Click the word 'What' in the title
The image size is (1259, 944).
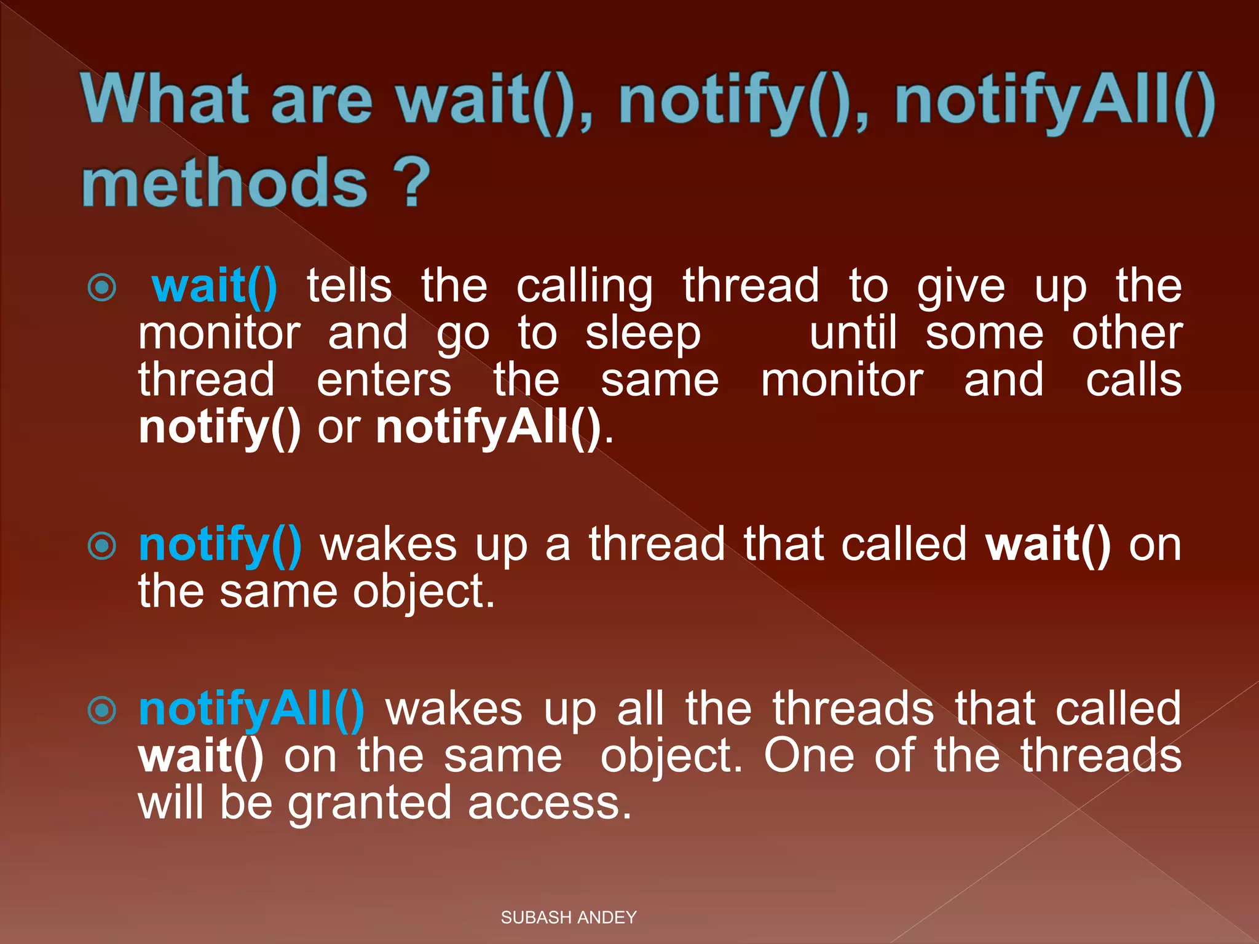165,100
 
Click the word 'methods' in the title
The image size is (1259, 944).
225,183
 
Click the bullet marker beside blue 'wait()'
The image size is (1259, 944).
102,288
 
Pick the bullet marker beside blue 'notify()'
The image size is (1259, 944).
102,546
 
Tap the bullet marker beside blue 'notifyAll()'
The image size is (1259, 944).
102,710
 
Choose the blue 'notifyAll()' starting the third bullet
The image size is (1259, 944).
251,710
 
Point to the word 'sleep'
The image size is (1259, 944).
642,334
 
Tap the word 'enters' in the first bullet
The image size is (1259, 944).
384,380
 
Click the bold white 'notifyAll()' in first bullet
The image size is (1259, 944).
488,428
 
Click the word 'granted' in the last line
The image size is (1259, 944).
370,804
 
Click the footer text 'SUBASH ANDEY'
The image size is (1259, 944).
569,918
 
